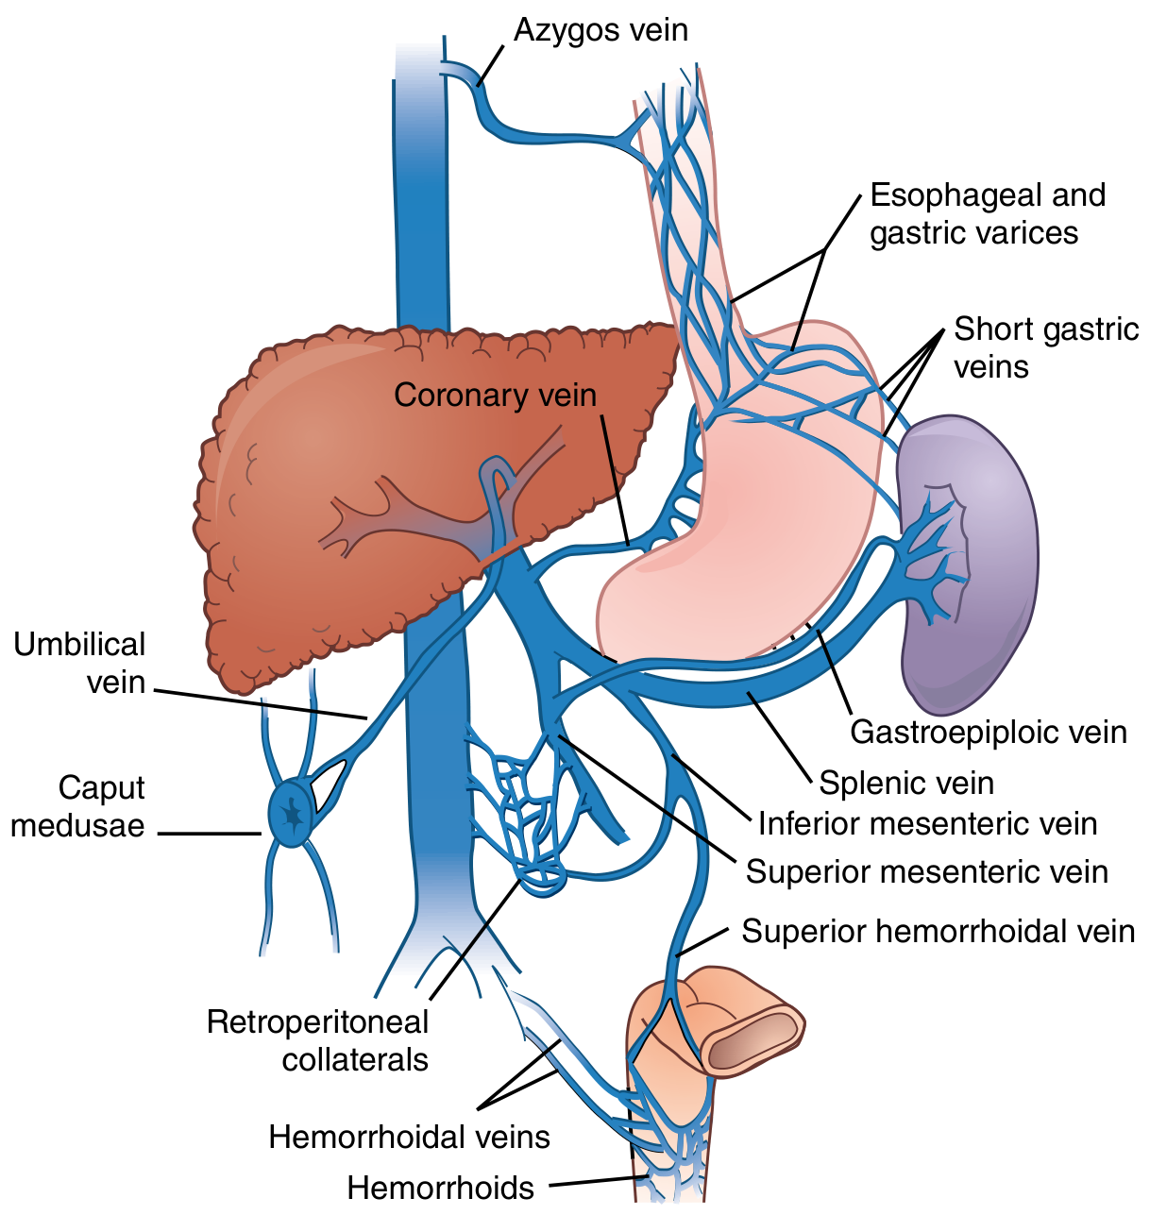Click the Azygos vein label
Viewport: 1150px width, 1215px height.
(x=600, y=30)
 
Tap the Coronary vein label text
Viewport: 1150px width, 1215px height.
(x=495, y=395)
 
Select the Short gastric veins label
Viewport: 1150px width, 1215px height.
(x=1045, y=347)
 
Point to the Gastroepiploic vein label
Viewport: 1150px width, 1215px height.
(x=989, y=732)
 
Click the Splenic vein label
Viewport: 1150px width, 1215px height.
(x=906, y=783)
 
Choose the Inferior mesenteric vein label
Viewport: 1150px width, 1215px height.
(x=927, y=823)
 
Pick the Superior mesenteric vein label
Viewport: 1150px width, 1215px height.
(x=926, y=871)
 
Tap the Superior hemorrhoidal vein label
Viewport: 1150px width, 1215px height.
(x=938, y=931)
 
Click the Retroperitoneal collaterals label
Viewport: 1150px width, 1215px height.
(x=318, y=1040)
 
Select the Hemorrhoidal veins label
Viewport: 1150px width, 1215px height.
(x=409, y=1137)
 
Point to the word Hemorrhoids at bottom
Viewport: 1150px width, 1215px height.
(x=440, y=1187)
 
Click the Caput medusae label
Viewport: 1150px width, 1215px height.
(x=77, y=806)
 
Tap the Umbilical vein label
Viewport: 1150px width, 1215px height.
(x=80, y=663)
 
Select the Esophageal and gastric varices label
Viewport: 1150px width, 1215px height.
(x=987, y=214)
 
